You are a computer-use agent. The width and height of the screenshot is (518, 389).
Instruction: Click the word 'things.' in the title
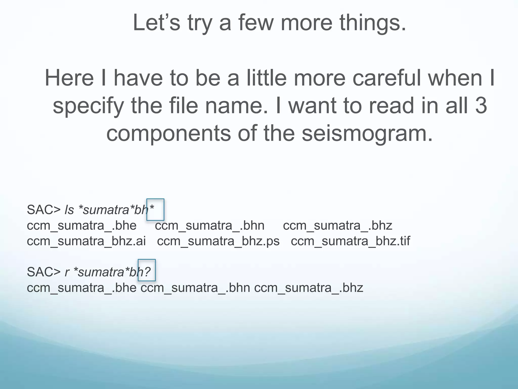click(373, 23)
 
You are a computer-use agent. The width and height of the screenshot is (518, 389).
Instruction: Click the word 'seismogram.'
click(367, 134)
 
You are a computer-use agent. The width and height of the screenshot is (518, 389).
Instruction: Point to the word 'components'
click(168, 134)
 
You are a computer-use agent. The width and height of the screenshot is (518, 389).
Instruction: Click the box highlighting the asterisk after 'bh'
click(155, 209)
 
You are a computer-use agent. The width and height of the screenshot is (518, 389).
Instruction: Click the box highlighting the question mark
click(147, 270)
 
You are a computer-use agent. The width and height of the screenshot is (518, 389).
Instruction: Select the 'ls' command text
click(69, 210)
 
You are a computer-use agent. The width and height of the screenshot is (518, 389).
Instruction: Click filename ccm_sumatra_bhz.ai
click(86, 241)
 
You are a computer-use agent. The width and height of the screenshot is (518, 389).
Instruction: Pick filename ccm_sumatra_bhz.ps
click(218, 241)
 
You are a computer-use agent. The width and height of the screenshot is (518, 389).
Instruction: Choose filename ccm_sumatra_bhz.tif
click(350, 241)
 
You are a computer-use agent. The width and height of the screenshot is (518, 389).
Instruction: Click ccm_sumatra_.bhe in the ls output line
click(81, 225)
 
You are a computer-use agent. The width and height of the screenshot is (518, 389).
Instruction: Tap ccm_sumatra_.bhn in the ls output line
click(209, 225)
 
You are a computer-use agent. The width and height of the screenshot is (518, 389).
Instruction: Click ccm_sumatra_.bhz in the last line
click(309, 288)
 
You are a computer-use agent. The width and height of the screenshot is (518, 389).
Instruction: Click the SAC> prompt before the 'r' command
click(44, 272)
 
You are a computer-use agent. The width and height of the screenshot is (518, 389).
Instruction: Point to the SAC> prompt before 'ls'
click(44, 210)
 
